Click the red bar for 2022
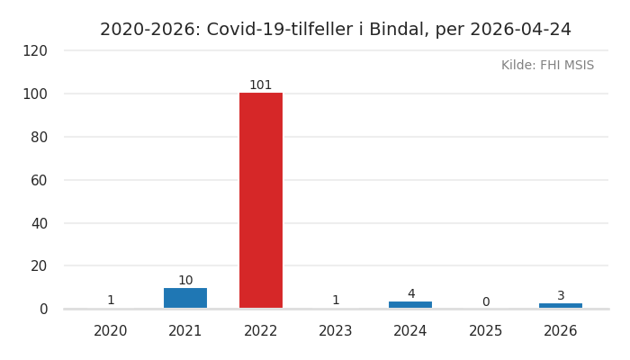(261, 200)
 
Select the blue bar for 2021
(185, 298)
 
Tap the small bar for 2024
(410, 304)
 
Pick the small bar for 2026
(561, 305)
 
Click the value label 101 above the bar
(261, 85)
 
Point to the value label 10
(185, 281)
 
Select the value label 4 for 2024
(411, 294)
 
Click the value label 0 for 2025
(486, 302)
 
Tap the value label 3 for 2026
(561, 296)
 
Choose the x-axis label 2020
(111, 331)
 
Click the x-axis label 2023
(336, 331)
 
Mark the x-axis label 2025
(486, 331)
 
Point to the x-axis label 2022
(261, 331)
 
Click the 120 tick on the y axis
(35, 51)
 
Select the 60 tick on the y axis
(40, 180)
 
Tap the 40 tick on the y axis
(40, 223)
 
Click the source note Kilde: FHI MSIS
(547, 66)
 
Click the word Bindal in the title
(399, 30)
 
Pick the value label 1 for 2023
(336, 301)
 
